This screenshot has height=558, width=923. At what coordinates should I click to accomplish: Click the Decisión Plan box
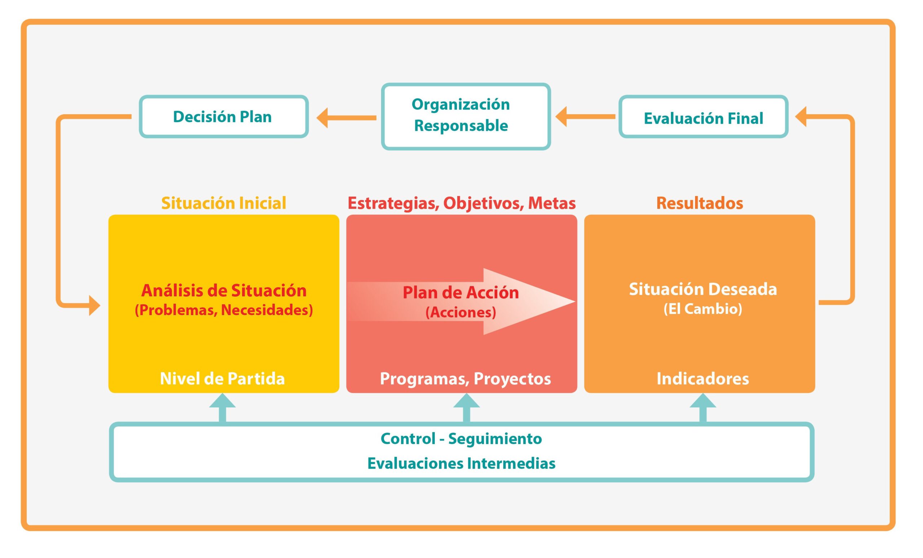tap(224, 116)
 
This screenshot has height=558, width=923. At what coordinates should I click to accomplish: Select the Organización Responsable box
tap(465, 116)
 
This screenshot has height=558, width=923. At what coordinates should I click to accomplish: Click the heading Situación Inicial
tap(224, 203)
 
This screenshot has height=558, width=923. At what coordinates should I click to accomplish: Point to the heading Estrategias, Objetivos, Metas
tap(461, 203)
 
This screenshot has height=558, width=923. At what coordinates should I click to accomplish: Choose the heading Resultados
tap(699, 203)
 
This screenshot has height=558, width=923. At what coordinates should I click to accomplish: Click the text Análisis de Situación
tap(224, 290)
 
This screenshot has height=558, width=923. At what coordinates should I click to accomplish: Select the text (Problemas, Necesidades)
tap(224, 310)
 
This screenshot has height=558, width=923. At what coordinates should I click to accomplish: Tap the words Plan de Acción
tap(461, 292)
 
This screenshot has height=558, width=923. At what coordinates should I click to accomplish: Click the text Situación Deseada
tap(703, 289)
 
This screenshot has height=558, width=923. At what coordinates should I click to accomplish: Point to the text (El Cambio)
tap(703, 309)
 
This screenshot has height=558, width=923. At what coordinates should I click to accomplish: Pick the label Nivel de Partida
tap(222, 378)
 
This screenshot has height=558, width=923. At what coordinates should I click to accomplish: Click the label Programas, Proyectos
tap(465, 378)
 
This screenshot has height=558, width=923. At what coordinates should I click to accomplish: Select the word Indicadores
tap(703, 378)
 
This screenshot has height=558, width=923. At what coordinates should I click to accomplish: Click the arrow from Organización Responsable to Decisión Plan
tap(346, 118)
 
